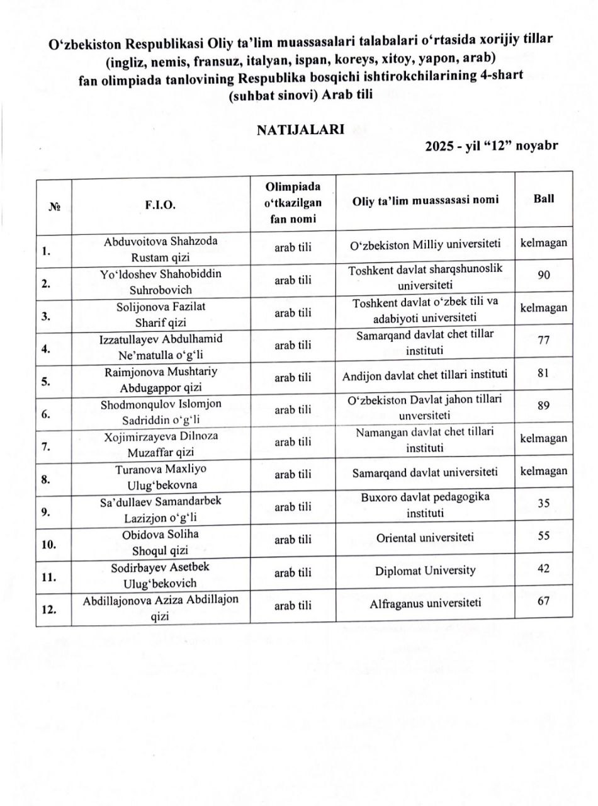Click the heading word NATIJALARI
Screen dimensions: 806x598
point(300,130)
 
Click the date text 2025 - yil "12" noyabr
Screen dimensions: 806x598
point(491,146)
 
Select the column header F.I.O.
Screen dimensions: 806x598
point(161,204)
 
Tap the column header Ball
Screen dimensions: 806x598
point(544,198)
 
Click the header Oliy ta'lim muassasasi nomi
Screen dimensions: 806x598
point(425,200)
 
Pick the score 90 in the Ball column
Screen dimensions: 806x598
point(544,275)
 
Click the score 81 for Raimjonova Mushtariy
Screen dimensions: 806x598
point(544,373)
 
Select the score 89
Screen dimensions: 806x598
point(544,406)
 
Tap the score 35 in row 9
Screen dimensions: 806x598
point(544,504)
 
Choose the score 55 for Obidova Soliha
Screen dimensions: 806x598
point(544,536)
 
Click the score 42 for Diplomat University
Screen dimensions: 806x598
point(544,569)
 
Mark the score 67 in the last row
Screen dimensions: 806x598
point(544,601)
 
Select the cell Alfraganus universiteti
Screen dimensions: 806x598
point(425,603)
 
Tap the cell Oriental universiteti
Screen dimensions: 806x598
point(425,538)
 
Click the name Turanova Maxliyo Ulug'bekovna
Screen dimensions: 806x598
point(161,477)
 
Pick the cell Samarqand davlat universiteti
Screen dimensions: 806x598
point(425,472)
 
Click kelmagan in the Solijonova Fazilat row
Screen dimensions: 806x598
point(544,308)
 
